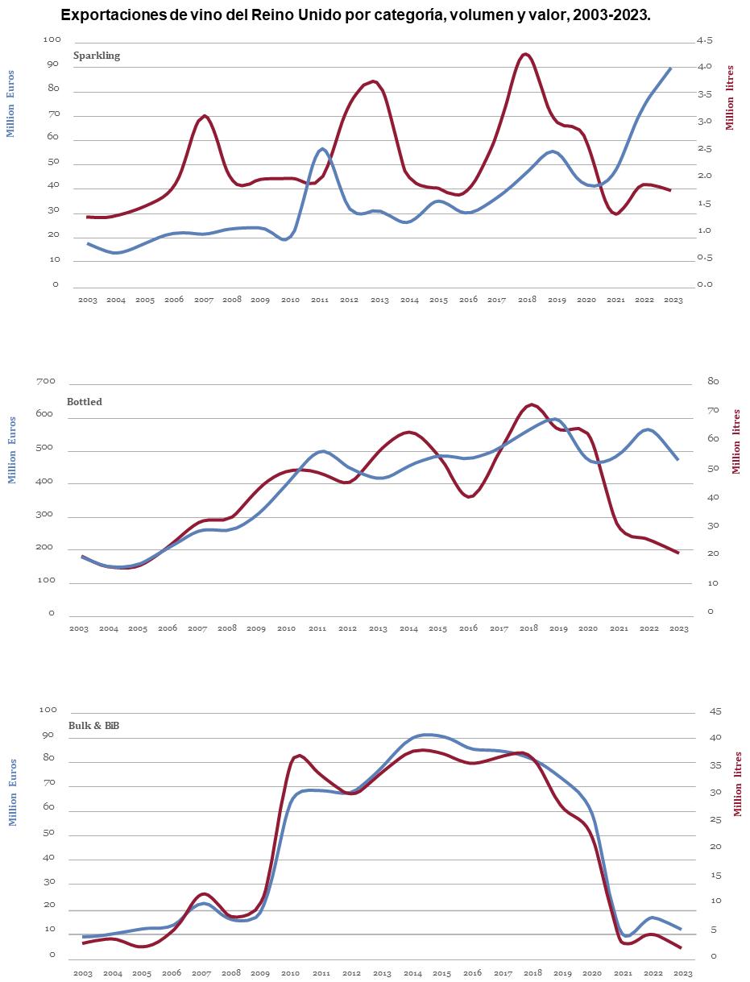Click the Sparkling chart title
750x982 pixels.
(x=97, y=56)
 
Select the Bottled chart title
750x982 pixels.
(x=85, y=402)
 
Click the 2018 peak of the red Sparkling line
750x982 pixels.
(x=525, y=54)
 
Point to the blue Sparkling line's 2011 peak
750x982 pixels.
(x=322, y=148)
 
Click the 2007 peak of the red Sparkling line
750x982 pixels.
(x=205, y=116)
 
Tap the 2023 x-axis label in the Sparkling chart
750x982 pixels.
(x=673, y=300)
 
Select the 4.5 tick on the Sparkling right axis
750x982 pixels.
(x=704, y=40)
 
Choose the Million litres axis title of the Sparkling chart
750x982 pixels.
(x=730, y=97)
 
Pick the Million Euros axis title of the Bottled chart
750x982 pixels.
(x=11, y=450)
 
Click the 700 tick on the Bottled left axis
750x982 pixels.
(x=45, y=381)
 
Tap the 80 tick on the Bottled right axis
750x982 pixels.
(x=714, y=381)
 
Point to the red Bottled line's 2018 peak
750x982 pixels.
(x=531, y=404)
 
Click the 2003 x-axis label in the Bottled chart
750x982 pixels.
(x=78, y=628)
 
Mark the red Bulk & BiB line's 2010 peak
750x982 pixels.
(x=299, y=755)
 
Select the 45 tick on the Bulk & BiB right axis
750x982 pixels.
(x=714, y=712)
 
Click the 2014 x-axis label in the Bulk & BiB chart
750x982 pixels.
(x=412, y=974)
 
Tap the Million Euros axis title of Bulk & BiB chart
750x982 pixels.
(x=13, y=792)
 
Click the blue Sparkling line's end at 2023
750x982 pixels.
(x=670, y=68)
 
